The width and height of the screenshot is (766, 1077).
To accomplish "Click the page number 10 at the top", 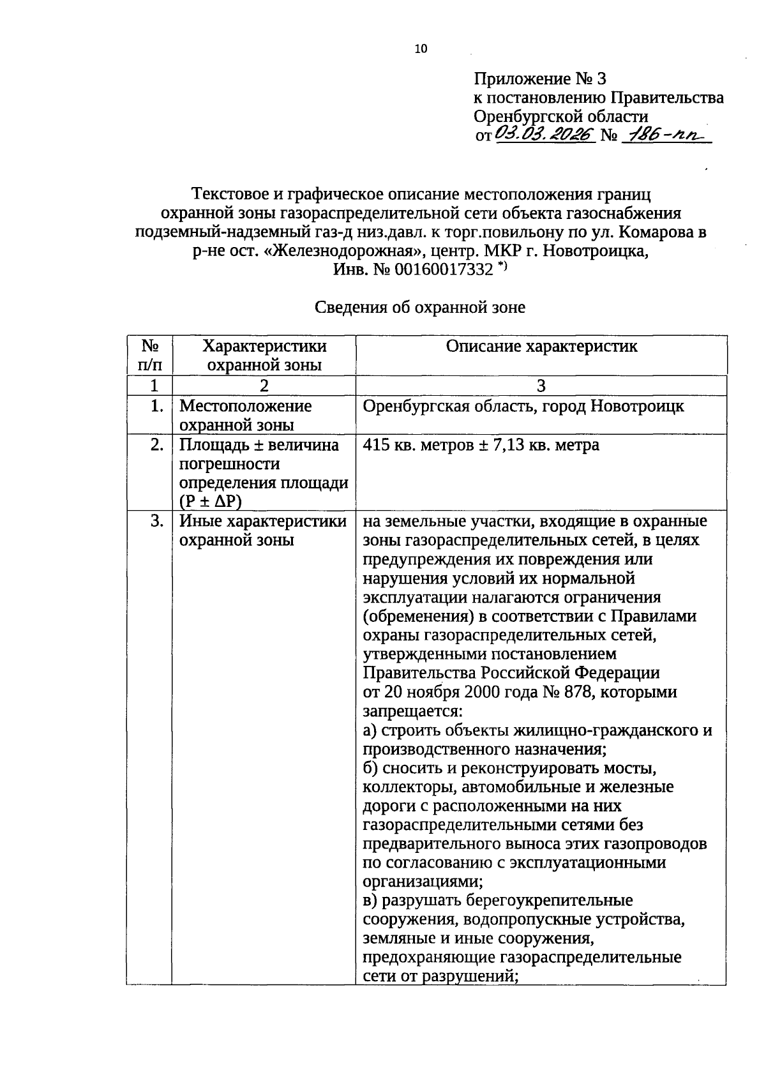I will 421,49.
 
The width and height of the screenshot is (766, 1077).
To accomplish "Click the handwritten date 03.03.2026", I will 544,134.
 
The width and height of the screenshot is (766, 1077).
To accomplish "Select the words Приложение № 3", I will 539,79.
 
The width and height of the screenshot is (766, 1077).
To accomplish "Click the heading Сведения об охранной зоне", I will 420,308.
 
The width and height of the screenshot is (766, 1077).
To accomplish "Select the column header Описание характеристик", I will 541,347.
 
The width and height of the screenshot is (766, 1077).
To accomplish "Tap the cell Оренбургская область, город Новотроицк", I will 523,406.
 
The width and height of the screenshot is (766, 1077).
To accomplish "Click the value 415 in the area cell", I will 376,445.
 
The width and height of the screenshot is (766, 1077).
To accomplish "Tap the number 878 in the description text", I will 566,693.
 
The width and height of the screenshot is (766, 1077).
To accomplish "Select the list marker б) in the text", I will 371,768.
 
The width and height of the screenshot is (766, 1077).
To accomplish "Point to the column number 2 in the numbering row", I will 264,386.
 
